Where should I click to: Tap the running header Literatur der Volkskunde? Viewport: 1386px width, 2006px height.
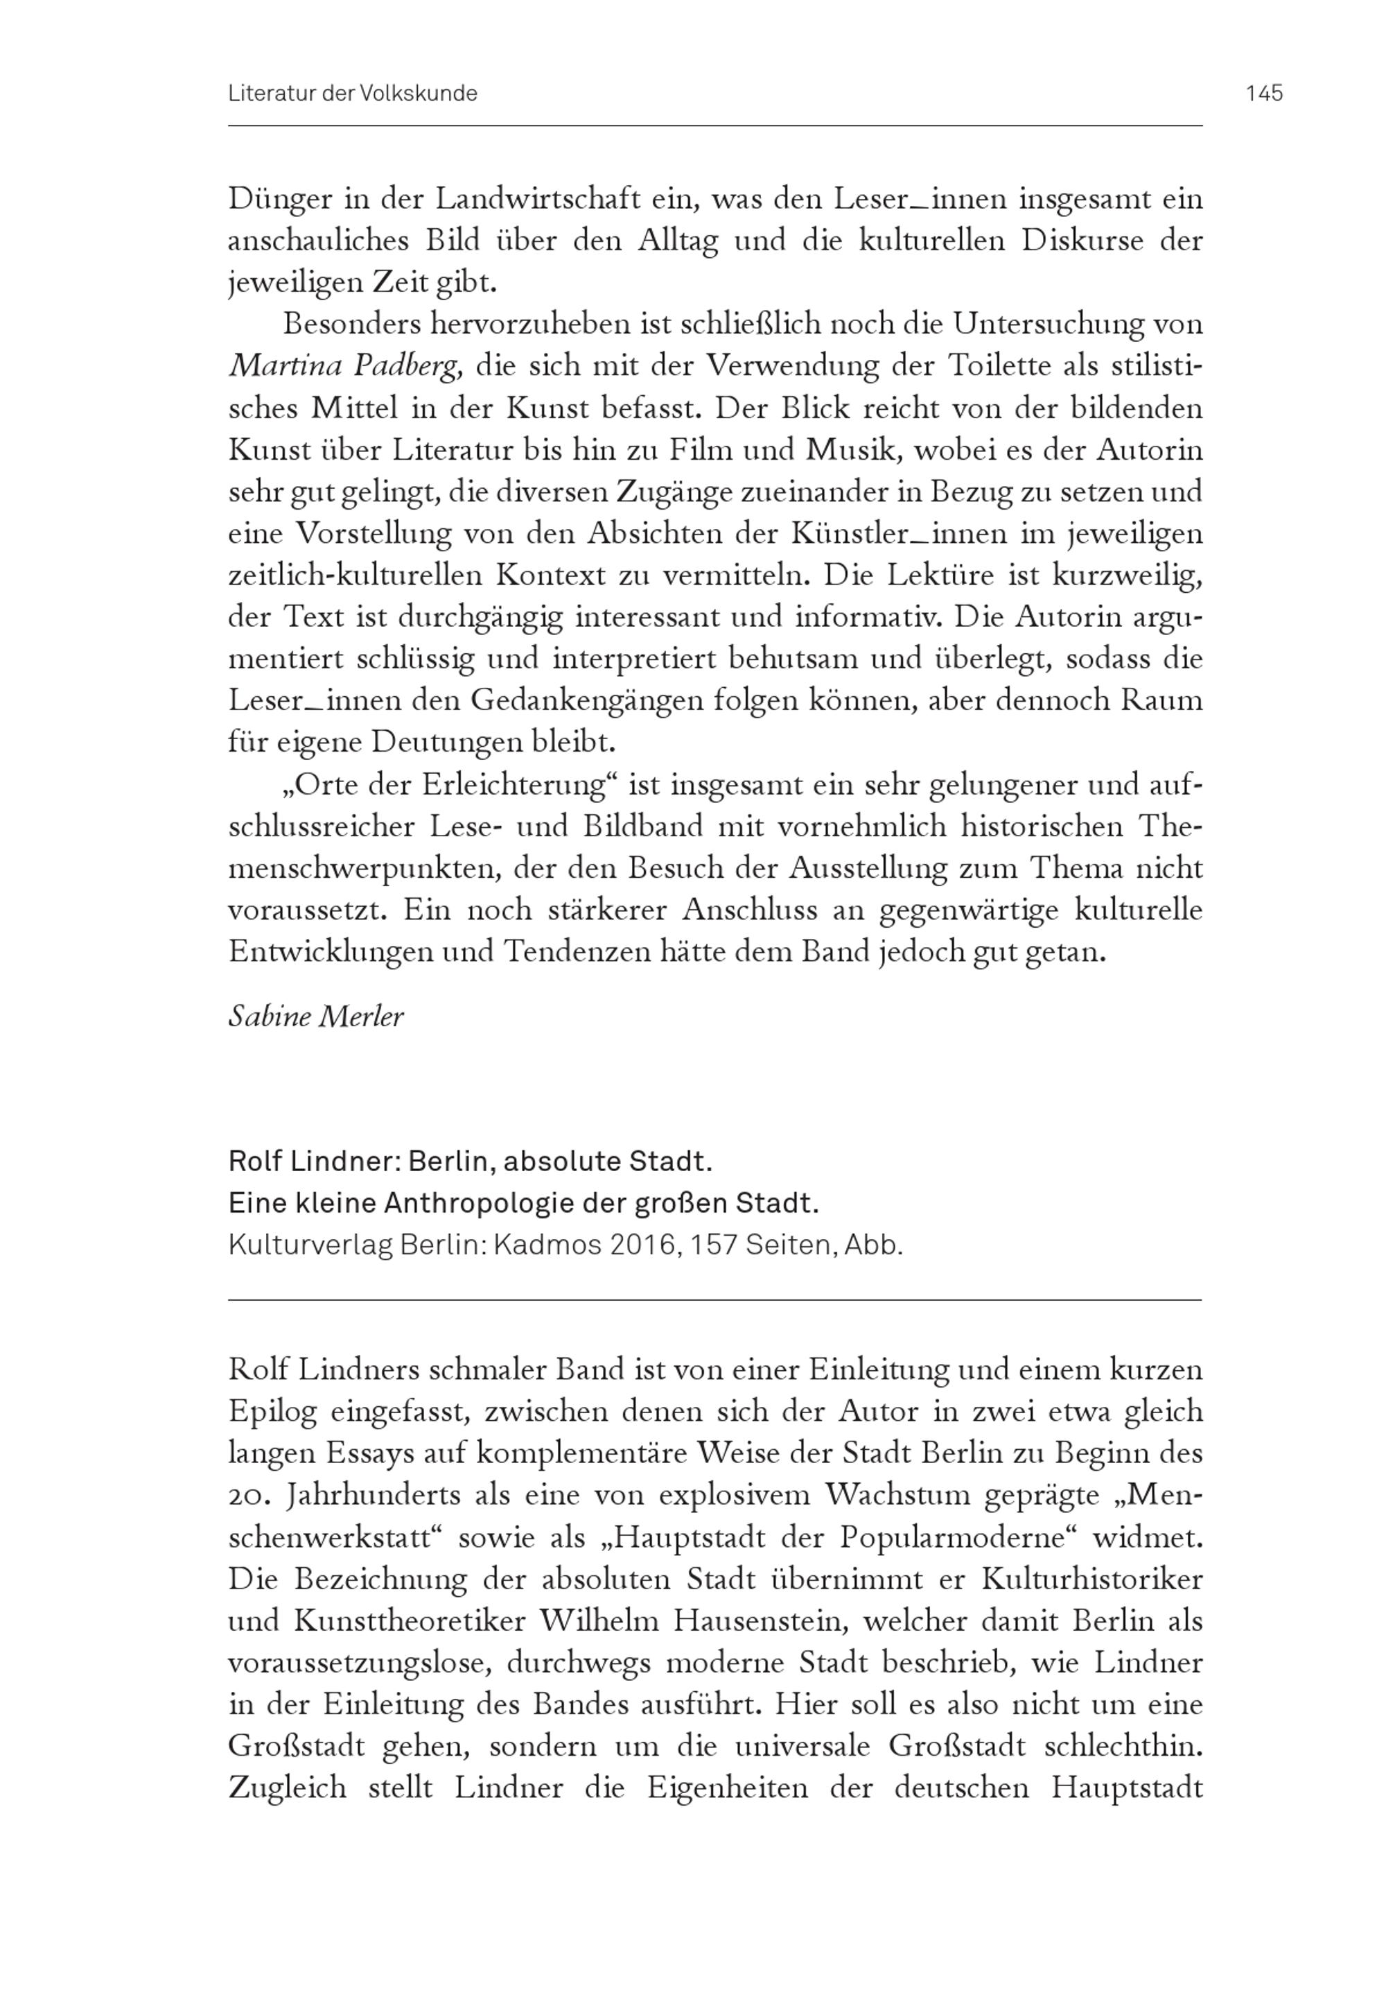coord(353,93)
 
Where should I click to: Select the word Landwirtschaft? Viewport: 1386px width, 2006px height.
coord(538,199)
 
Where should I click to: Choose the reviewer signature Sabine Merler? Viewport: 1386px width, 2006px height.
coord(315,1016)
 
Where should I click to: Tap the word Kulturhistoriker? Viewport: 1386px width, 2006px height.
coord(1091,1580)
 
